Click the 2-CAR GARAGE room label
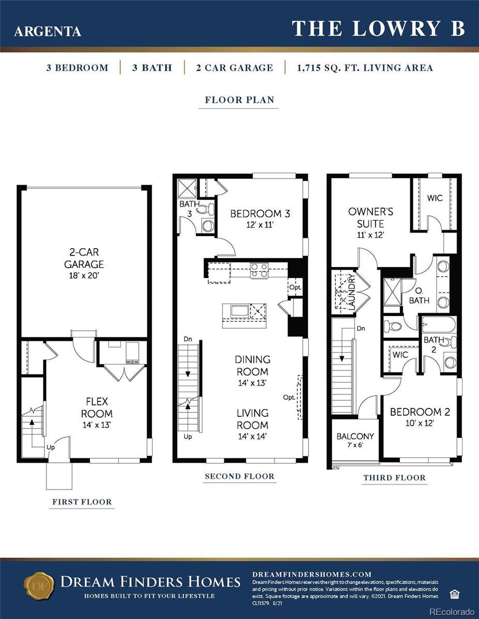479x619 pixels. pos(84,258)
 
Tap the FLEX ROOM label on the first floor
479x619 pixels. pos(97,408)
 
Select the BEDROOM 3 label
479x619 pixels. pos(260,214)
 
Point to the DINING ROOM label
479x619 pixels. pos(253,366)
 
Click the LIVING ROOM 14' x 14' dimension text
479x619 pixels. pos(253,436)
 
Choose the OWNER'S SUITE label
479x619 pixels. pos(370,218)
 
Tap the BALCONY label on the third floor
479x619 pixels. pos(355,436)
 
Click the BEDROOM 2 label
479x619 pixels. pos(420,412)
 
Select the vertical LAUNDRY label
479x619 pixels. pos(352,292)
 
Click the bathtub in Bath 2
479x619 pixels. pos(439,324)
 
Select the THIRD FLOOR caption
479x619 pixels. pos(395,478)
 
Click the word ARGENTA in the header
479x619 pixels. pos(48,31)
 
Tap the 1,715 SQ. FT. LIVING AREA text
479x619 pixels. pos(365,68)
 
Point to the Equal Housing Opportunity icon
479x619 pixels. pos(453,595)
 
